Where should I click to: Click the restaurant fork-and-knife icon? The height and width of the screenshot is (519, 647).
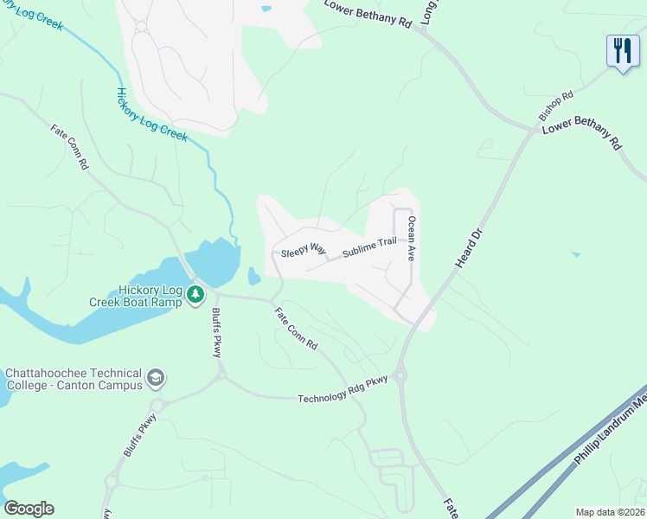(x=622, y=51)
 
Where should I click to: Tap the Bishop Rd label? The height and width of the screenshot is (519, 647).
(x=556, y=106)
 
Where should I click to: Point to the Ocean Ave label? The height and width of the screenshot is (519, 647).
(x=413, y=240)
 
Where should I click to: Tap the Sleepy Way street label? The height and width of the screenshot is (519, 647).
(x=304, y=251)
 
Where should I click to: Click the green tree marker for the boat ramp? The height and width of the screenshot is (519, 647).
(x=196, y=294)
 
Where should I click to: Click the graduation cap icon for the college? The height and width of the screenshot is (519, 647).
(x=156, y=377)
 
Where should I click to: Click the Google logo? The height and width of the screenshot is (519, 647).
(x=29, y=509)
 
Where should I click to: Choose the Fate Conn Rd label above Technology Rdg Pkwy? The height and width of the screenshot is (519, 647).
(x=296, y=329)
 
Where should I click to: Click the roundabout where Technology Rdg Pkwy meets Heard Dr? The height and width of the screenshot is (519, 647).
(x=400, y=375)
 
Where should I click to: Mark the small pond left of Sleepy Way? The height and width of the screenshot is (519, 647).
(x=253, y=277)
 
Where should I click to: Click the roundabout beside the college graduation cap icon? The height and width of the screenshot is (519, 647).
(x=157, y=406)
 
